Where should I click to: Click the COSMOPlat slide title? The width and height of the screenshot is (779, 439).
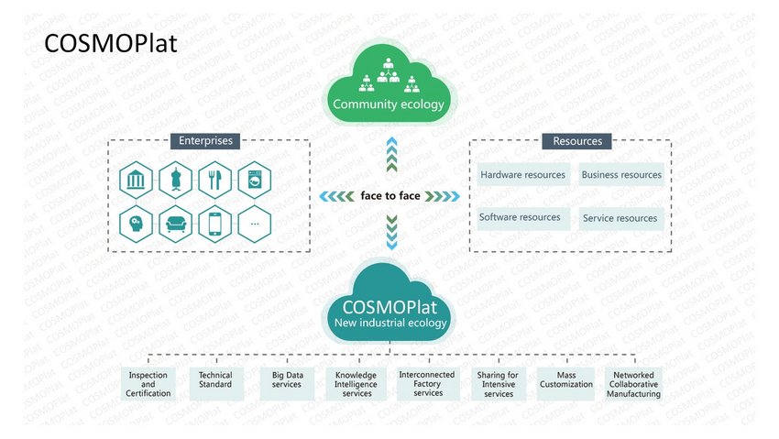(x=110, y=43)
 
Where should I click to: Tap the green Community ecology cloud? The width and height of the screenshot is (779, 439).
(x=389, y=84)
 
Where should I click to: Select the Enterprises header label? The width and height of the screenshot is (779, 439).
(x=205, y=140)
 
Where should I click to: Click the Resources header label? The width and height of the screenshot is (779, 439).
(x=576, y=141)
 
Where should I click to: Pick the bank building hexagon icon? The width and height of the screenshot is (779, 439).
(x=136, y=180)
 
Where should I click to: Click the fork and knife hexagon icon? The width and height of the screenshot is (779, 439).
(x=214, y=180)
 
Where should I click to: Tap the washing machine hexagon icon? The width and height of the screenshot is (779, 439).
(x=255, y=180)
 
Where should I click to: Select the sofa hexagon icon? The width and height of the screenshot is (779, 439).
(x=175, y=224)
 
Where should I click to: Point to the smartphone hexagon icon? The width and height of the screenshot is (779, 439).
(x=214, y=224)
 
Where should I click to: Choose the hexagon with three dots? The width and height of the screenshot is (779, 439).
(x=255, y=224)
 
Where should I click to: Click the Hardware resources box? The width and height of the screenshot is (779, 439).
(x=523, y=174)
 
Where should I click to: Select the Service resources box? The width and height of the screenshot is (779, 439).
(x=621, y=218)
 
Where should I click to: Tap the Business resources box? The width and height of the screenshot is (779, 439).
(x=621, y=174)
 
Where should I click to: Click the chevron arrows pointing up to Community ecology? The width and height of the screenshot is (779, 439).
(x=391, y=155)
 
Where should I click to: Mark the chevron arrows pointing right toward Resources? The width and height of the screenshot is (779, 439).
(x=442, y=196)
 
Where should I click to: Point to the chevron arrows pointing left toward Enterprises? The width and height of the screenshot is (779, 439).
(x=337, y=196)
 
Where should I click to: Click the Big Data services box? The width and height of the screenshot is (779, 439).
(x=287, y=383)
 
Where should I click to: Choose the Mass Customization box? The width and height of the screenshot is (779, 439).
(x=565, y=383)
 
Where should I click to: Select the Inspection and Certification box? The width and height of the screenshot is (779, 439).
(x=148, y=383)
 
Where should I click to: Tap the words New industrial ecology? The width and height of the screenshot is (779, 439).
(x=390, y=323)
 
